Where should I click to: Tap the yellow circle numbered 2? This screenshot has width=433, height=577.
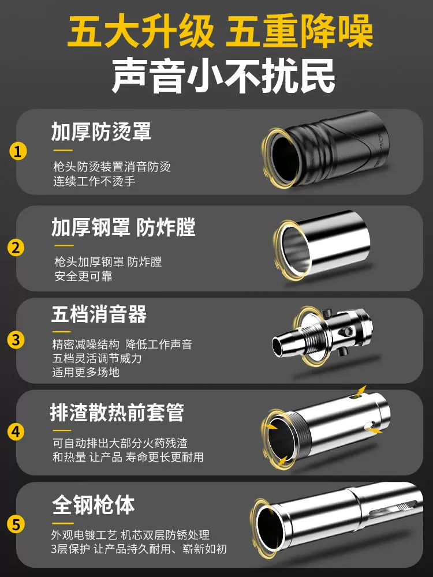[x=16, y=248]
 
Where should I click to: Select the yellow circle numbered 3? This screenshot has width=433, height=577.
[x=16, y=340]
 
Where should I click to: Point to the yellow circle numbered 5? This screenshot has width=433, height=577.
[x=16, y=524]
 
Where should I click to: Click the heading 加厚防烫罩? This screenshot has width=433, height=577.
[x=101, y=132]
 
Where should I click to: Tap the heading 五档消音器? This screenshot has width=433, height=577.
[x=99, y=314]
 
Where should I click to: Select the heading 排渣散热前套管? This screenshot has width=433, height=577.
[x=117, y=412]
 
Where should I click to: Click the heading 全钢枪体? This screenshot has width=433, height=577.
[x=93, y=504]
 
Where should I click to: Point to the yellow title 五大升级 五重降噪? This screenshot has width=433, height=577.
[x=220, y=31]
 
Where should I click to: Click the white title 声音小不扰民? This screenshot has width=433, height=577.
[x=223, y=76]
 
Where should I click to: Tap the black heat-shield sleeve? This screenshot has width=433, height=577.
[x=326, y=149]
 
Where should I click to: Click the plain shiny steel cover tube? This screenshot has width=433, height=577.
[x=322, y=244]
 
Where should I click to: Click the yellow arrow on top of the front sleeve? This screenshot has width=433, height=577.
[x=360, y=391]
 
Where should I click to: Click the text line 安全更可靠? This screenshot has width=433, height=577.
[x=83, y=276]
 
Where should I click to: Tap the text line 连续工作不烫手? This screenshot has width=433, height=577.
[x=94, y=181]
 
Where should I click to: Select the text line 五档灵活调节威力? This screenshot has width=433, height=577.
[x=97, y=358]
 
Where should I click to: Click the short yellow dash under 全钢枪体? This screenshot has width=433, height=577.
[x=63, y=523]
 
